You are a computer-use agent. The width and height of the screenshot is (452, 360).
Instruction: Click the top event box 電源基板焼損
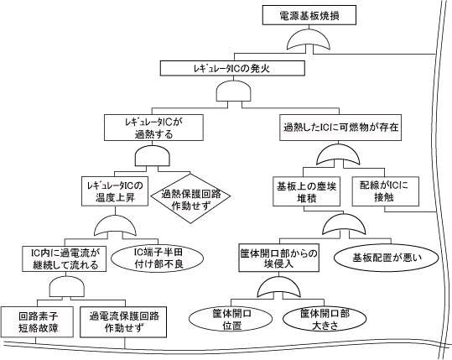[x=311, y=14]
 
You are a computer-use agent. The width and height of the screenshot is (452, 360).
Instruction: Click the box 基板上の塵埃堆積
[x=304, y=190]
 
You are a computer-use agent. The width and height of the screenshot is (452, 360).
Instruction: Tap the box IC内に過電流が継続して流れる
[x=64, y=257]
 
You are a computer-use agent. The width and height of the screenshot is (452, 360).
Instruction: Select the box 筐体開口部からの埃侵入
[x=277, y=259]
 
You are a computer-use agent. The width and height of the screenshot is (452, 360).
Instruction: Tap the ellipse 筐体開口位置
[x=224, y=320]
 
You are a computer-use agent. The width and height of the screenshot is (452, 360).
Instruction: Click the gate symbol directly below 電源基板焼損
[x=311, y=40]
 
